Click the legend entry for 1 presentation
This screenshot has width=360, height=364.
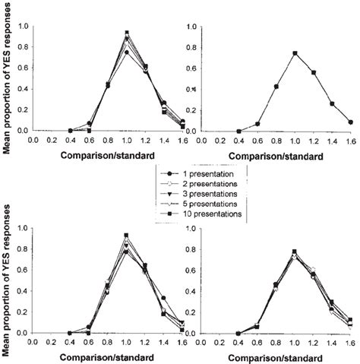199,176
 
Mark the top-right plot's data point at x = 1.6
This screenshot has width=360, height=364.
350,122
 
